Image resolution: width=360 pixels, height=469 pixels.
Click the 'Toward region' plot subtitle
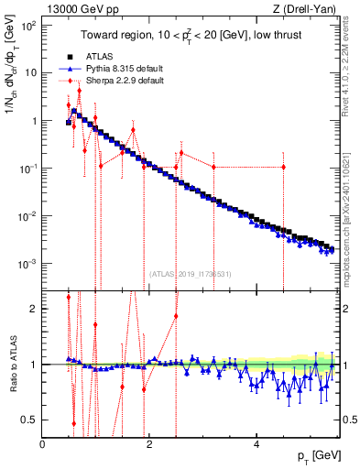point(195,36)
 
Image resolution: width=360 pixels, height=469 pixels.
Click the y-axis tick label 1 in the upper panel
point(34,121)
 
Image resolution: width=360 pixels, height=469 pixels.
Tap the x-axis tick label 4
point(256,444)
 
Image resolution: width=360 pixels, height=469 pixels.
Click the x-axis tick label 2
point(149,444)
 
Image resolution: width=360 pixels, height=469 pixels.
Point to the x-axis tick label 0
point(43,444)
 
